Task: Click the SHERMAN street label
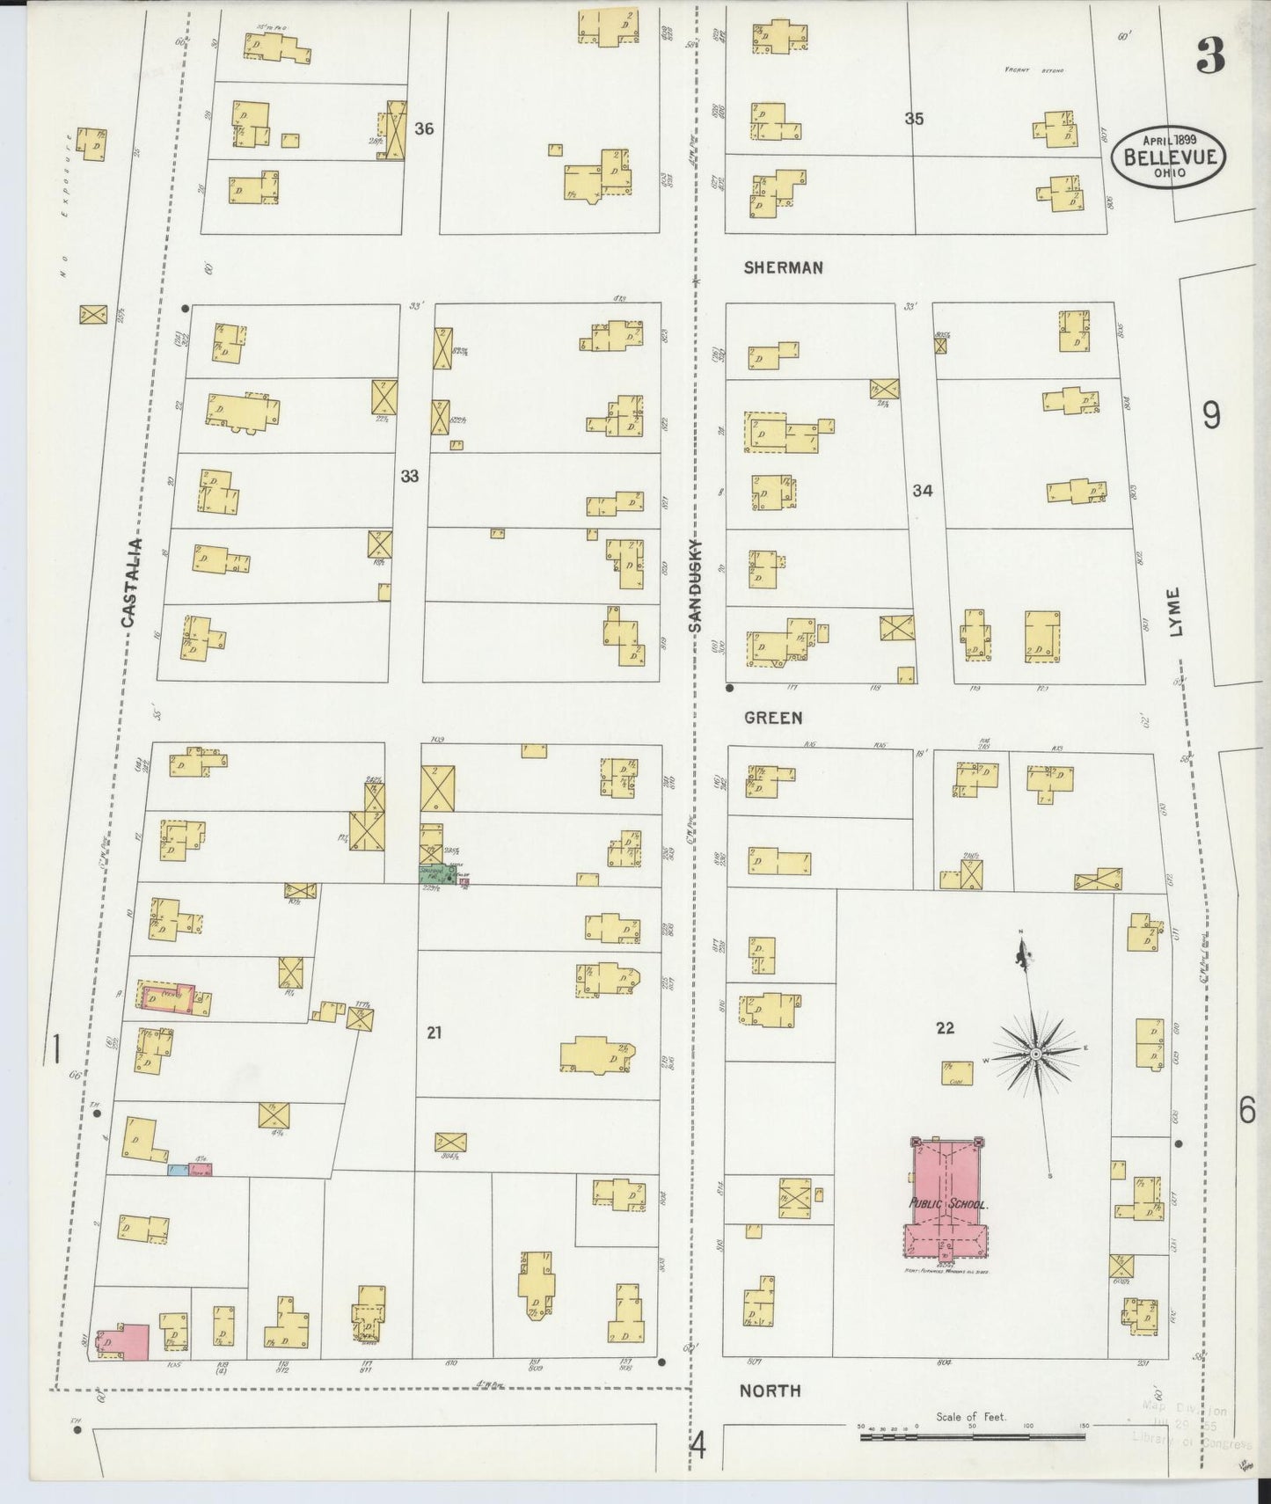[783, 267]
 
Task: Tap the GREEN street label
[772, 718]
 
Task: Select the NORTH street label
[770, 1391]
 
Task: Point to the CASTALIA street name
[128, 583]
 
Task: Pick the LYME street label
[1177, 612]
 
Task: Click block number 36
[424, 129]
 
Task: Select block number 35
[914, 119]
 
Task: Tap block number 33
[410, 477]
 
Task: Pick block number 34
[921, 491]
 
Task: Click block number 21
[434, 1033]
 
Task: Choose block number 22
[945, 1027]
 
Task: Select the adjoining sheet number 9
[1211, 415]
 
